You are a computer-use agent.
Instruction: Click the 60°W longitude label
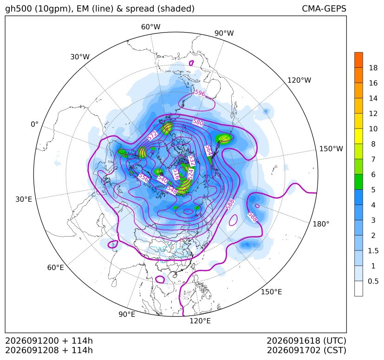click(x=150, y=27)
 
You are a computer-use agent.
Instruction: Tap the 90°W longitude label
click(x=224, y=33)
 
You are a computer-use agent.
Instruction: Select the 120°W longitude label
click(x=299, y=80)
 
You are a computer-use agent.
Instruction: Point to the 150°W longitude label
click(x=331, y=149)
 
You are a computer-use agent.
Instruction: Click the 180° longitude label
click(x=321, y=224)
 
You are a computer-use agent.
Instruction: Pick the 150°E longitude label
click(x=271, y=292)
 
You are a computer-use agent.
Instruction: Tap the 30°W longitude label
click(x=80, y=57)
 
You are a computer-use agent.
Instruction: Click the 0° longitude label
click(x=34, y=124)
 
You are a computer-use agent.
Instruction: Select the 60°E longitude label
click(x=56, y=268)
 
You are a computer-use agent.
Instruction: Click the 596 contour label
click(x=200, y=93)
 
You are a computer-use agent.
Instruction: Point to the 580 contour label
click(x=198, y=122)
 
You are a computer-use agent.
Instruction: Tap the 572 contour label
click(x=152, y=136)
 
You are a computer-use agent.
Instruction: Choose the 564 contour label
click(x=208, y=150)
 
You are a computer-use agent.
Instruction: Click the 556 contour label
click(x=143, y=177)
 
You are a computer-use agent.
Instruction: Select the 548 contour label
click(x=172, y=190)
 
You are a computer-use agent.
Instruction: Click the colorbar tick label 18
click(x=373, y=68)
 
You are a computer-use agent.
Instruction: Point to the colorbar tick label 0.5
click(x=373, y=281)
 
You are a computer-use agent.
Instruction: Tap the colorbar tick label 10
click(x=373, y=129)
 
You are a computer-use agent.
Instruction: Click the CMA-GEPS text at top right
click(x=324, y=8)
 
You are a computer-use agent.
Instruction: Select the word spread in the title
click(x=140, y=9)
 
